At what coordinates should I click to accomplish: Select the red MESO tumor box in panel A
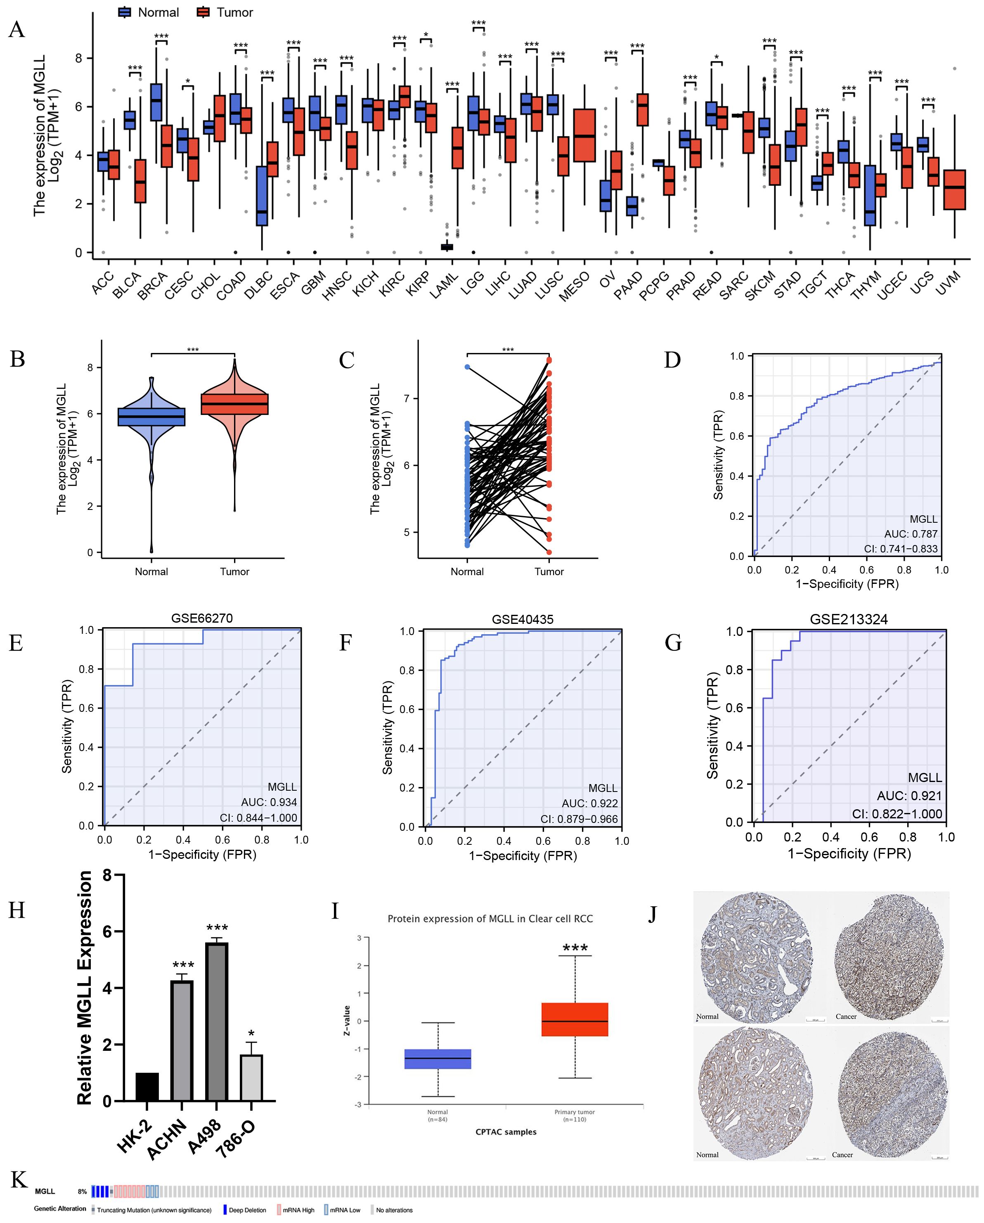(x=584, y=135)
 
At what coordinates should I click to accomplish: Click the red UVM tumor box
(x=955, y=190)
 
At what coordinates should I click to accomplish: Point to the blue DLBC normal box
(x=261, y=196)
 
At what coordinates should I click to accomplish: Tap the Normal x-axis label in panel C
(x=467, y=571)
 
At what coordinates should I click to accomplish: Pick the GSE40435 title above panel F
(x=523, y=619)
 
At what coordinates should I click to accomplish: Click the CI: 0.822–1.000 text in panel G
(x=896, y=814)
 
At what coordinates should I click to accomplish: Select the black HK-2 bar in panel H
(x=147, y=1087)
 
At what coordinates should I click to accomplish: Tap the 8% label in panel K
(x=82, y=1191)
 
